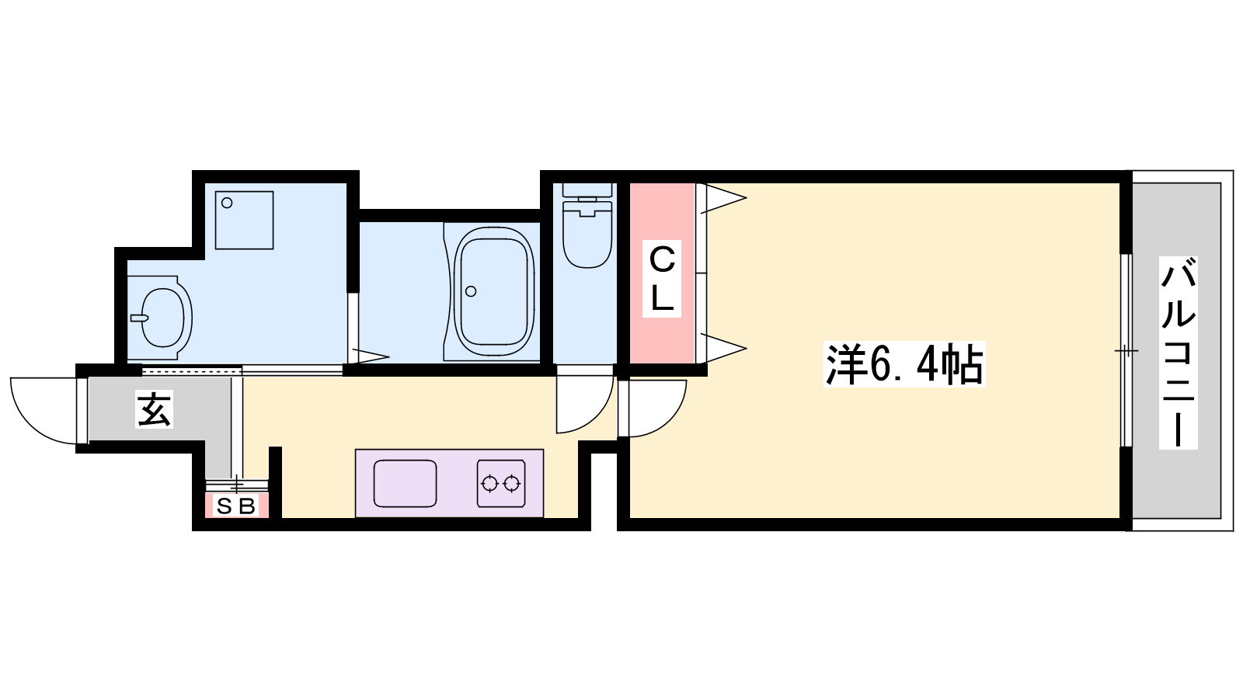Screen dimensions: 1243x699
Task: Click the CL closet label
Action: tap(661, 279)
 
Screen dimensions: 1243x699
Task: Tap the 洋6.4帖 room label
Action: tap(904, 364)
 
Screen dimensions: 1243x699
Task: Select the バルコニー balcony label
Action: tap(1178, 353)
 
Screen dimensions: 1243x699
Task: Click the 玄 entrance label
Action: tap(154, 409)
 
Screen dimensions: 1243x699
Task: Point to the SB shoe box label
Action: tap(236, 506)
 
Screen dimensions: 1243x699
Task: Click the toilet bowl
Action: tap(587, 235)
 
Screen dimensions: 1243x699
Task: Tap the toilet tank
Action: tap(587, 190)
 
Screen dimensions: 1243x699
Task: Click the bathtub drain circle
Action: tap(471, 291)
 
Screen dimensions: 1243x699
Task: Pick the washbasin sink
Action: tap(163, 318)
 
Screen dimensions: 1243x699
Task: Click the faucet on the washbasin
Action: tap(140, 318)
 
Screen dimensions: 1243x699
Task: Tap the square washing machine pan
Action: tap(244, 221)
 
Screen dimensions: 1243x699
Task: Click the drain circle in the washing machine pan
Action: tap(227, 203)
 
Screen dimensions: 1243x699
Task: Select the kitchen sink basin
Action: tap(405, 483)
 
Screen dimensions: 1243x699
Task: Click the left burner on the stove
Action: tap(490, 484)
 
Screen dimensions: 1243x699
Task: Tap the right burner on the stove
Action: tap(512, 484)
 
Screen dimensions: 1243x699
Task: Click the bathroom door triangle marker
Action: tap(368, 356)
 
